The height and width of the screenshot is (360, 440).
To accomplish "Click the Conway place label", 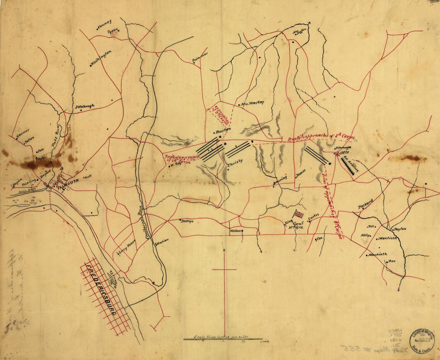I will [x=104, y=23].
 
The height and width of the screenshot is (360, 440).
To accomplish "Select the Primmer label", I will [x=200, y=57].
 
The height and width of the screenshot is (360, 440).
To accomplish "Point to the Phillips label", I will [x=187, y=220].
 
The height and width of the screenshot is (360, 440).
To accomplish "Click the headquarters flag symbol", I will [x=298, y=214].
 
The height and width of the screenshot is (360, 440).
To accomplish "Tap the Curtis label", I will [x=314, y=216].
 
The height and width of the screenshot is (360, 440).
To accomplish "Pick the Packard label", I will [x=365, y=204].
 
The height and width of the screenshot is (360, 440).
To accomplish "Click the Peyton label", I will [x=400, y=229].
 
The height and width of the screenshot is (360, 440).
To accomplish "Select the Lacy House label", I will [x=127, y=247].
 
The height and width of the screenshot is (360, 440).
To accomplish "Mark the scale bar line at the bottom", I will [x=222, y=340].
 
